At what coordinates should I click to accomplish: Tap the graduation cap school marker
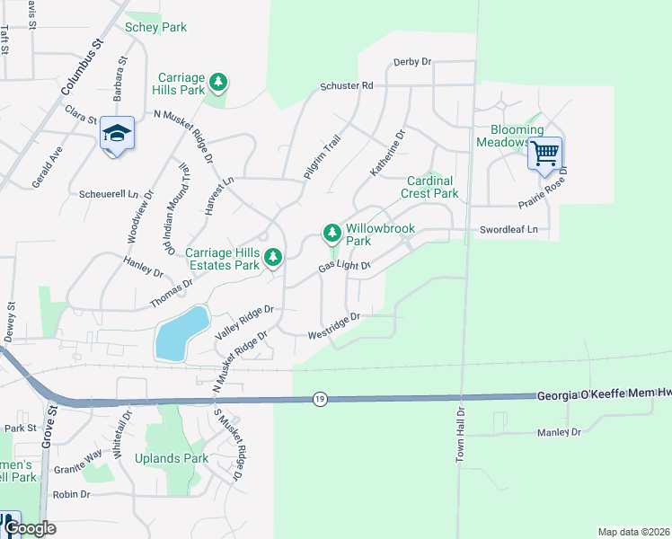[x=117, y=134]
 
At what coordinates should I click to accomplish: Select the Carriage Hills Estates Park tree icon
[x=273, y=259]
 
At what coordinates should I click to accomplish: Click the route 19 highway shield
[x=320, y=398]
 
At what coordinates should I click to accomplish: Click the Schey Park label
[x=155, y=27]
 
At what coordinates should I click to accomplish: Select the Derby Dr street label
[x=412, y=62]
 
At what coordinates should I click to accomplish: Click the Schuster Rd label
[x=346, y=86]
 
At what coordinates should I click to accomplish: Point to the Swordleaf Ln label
[x=513, y=229]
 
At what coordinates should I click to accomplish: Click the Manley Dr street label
[x=559, y=432]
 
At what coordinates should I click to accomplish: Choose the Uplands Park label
[x=172, y=458]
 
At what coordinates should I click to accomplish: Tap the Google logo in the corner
[x=30, y=528]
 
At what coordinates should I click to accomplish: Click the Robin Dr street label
[x=72, y=494]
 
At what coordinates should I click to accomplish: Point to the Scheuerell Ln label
[x=110, y=193]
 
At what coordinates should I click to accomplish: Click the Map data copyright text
[x=632, y=532]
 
